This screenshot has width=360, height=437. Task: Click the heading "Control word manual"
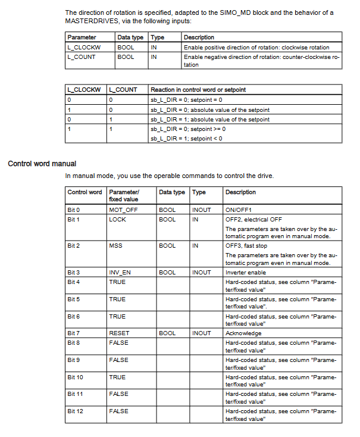42,163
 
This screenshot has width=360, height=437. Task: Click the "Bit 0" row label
74,210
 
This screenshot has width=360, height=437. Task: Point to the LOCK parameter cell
117,219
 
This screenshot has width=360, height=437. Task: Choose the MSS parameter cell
115,245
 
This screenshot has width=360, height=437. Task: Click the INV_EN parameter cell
120,272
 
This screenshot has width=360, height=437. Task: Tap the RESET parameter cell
119,333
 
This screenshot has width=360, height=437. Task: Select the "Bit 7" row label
74,333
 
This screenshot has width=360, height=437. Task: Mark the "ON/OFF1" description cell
239,210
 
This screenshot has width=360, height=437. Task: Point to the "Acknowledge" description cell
244,333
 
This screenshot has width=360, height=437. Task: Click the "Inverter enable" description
246,272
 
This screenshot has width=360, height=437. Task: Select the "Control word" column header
84,192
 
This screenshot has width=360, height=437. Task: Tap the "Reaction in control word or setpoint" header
198,90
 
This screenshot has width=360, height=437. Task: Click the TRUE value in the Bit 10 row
117,377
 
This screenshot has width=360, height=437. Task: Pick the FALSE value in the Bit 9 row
118,360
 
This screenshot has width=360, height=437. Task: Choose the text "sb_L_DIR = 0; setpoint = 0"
186,99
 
